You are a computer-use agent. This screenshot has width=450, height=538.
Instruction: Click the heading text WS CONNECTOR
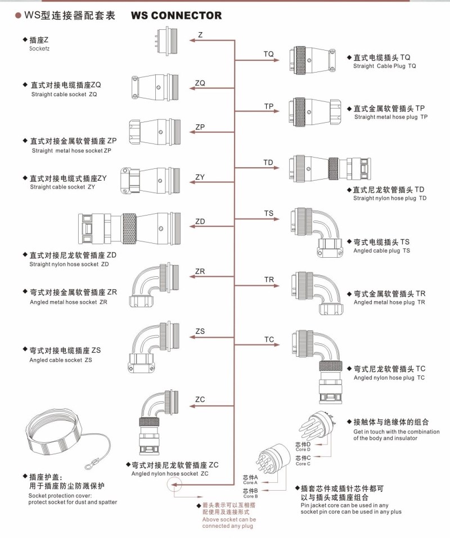(176, 16)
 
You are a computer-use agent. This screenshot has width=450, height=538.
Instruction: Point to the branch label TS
(269, 213)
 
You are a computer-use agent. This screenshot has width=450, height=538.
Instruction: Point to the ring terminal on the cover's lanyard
(89, 465)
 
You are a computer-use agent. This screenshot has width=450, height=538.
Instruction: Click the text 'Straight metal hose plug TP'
(391, 117)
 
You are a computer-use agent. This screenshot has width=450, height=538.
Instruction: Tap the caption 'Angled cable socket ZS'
(61, 360)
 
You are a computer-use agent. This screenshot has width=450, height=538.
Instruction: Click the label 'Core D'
(303, 450)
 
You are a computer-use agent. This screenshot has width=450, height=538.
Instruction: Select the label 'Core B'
(250, 496)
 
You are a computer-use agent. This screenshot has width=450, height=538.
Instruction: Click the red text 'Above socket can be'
(229, 519)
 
